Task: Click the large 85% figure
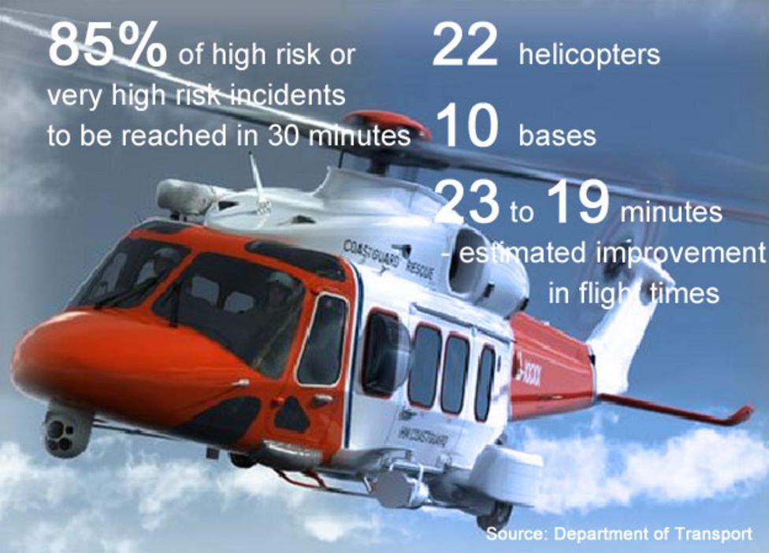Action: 107,46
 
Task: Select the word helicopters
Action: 589,55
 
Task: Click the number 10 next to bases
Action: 466,128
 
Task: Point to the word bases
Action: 556,135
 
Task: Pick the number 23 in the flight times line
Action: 467,204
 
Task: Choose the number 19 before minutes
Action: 577,204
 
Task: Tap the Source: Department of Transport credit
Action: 619,534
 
